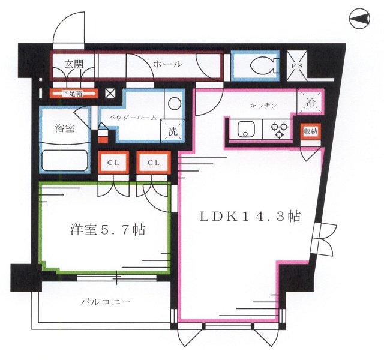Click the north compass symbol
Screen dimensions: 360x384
click(360, 22)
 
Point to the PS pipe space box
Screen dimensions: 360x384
click(298, 67)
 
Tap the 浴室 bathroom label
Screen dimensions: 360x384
click(65, 128)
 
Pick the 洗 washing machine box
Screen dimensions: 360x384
click(172, 130)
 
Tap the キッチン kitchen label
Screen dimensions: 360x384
click(263, 106)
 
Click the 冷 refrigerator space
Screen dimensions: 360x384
click(311, 102)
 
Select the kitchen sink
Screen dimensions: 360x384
click(247, 129)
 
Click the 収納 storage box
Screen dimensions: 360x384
click(310, 132)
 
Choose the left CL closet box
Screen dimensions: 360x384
click(113, 162)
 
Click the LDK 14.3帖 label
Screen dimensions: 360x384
click(250, 217)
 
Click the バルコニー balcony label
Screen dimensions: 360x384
click(106, 301)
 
